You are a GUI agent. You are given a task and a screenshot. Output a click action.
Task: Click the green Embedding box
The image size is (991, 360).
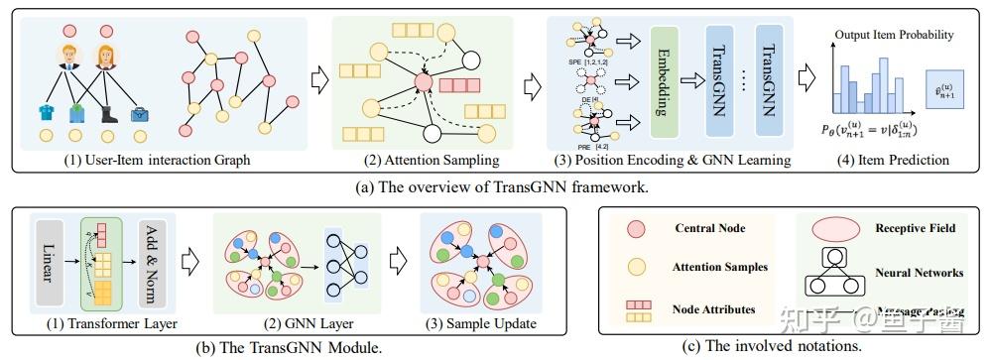tap(668, 81)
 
